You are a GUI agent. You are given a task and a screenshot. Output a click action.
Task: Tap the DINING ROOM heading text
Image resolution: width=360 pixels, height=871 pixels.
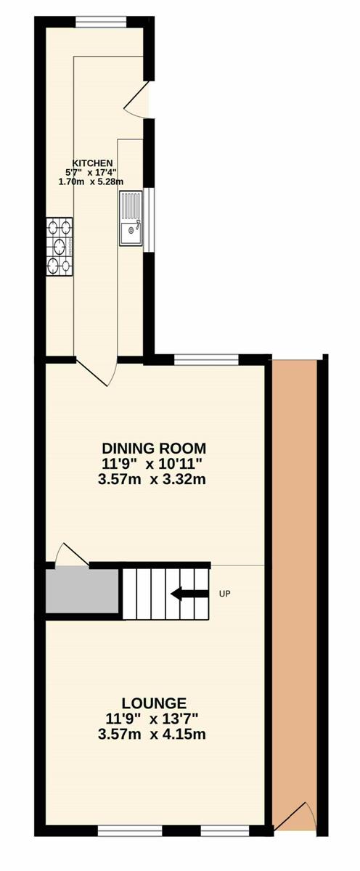154,449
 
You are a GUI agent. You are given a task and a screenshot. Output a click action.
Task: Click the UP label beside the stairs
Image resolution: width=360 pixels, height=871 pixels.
225,594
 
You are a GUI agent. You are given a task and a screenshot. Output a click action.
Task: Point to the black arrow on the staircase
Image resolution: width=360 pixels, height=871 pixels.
189,594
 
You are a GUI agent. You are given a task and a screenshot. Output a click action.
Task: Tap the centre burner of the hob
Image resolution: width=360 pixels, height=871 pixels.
60,246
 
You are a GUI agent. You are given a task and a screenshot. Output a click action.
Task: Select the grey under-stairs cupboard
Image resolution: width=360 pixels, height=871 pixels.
82,591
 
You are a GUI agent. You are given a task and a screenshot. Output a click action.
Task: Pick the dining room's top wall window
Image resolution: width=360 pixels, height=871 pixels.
206,360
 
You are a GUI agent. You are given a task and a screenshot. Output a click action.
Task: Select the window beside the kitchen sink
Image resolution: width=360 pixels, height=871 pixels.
149,220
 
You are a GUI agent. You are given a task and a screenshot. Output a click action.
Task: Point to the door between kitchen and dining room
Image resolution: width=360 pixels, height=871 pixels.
96,371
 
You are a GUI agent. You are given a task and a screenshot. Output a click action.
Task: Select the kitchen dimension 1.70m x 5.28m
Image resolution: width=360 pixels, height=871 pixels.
91,181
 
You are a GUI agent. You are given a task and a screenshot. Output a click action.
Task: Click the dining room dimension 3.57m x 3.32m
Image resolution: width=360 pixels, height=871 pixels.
152,480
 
